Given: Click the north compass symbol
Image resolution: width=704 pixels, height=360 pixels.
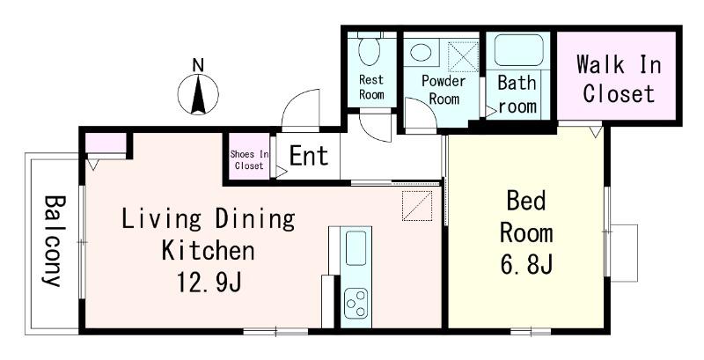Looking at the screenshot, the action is tap(198, 95).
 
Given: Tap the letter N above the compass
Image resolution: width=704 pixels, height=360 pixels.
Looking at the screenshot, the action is tap(198, 65).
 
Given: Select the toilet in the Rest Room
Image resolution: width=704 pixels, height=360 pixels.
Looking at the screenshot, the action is tap(370, 50).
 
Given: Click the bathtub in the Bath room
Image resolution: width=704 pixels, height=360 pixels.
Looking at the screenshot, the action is tap(518, 50).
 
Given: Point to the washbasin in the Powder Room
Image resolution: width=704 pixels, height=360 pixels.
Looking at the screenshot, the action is tap(421, 53).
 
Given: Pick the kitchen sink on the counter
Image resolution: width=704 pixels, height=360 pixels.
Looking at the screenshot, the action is tap(356, 248).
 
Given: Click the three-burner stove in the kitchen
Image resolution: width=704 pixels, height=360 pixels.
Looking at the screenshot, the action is tap(356, 303).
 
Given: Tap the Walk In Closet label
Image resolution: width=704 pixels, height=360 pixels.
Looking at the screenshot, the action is tap(619, 78).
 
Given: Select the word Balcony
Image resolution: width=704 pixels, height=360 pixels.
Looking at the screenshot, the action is tap(53, 240).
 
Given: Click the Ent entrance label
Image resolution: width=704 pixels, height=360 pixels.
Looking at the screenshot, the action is tap(309, 156).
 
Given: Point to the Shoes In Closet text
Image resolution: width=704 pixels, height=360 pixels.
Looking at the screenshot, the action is tap(249, 160).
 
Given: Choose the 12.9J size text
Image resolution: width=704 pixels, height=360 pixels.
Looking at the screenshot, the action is tap(209, 282).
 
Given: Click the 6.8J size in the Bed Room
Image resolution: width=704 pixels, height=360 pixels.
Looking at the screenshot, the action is tap(526, 265).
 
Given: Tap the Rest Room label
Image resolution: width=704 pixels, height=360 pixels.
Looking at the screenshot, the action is tap(371, 87).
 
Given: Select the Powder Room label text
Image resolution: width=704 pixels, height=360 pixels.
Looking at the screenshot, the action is tap(444, 91).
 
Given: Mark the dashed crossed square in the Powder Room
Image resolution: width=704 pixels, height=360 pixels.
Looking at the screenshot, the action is tap(464, 56).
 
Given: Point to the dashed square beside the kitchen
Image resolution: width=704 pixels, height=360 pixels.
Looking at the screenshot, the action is tap(417, 206).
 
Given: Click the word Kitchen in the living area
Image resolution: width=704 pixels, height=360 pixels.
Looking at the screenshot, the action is tap(208, 251).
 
